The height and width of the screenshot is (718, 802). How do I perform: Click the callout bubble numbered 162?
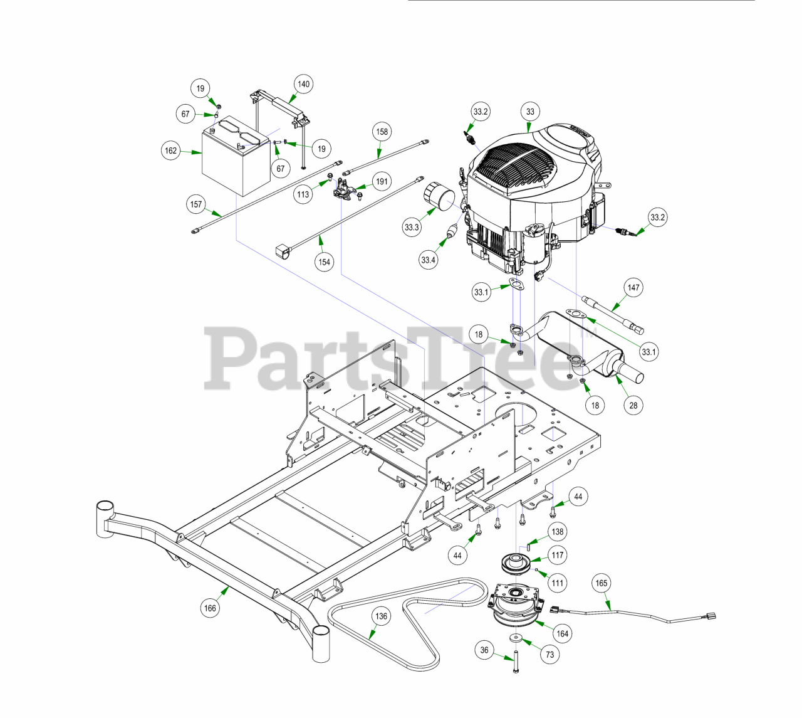[x=171, y=151]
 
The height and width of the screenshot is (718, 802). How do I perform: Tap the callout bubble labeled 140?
[x=303, y=84]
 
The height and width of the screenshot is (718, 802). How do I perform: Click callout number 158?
[x=382, y=132]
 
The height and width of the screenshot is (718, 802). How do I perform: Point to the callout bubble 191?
[x=382, y=182]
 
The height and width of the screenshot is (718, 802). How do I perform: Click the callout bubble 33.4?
[x=429, y=260]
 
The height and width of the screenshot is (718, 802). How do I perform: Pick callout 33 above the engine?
[x=530, y=112]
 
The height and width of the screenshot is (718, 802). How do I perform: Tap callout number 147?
[x=633, y=288]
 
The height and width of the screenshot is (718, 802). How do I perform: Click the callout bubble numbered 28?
[x=633, y=405]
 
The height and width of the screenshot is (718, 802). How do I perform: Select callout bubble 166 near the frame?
[x=210, y=608]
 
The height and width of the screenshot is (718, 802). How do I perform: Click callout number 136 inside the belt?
[x=382, y=616]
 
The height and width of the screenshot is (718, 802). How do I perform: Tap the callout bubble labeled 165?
[x=601, y=583]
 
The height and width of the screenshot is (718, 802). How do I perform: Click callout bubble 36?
[x=484, y=650]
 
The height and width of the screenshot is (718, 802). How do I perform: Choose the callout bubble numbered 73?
[x=549, y=655]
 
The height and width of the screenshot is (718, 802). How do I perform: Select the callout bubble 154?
[x=324, y=261]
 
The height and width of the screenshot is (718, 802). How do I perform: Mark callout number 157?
[x=196, y=204]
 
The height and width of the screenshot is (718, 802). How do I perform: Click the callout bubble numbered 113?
[x=303, y=194]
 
